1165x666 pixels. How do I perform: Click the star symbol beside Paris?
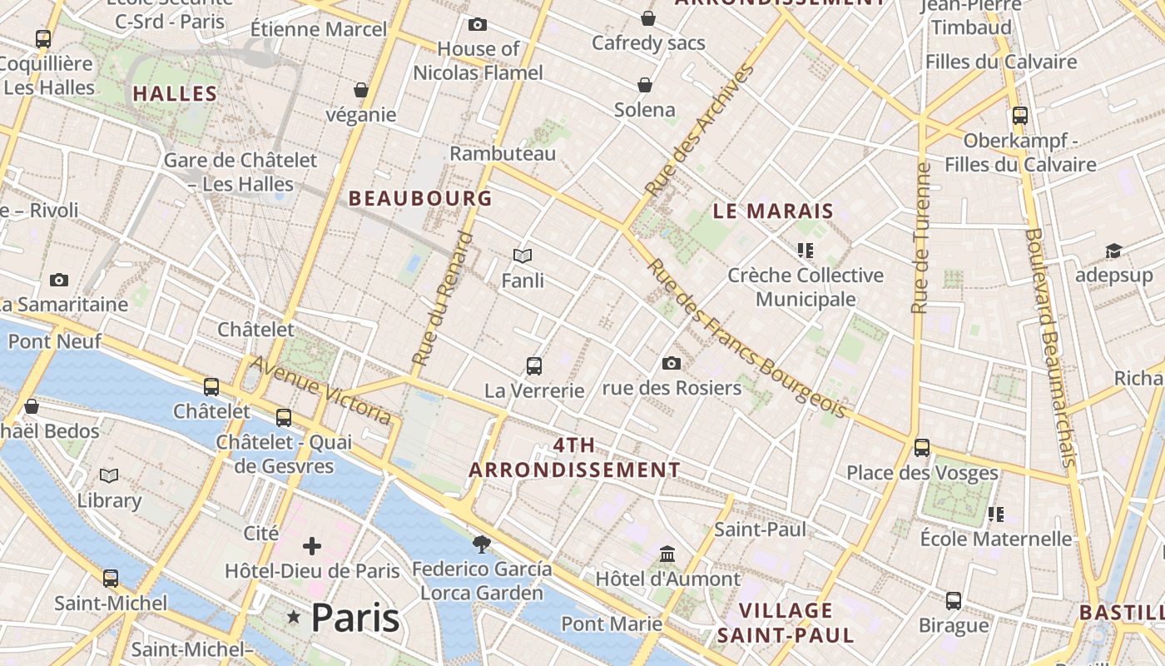pos(293,617)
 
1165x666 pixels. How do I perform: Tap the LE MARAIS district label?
pos(773,211)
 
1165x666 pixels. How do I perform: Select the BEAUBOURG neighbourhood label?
pos(420,198)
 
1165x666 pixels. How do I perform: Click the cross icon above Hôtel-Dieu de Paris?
pos(312,546)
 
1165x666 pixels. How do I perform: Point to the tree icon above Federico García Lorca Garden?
pos(481,544)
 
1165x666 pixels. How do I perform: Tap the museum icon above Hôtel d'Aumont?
pos(667,554)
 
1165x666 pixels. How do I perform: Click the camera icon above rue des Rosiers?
pos(672,363)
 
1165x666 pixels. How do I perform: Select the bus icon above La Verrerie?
pos(534,365)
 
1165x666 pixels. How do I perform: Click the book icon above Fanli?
pos(523,256)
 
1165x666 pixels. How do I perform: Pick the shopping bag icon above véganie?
pos(361,90)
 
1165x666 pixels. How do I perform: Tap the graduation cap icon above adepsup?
pos(1113,251)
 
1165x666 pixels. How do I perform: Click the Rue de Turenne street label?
pos(920,238)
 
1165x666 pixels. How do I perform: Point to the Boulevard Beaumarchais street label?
pos(1052,347)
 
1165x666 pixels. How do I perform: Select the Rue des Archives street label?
pos(700,131)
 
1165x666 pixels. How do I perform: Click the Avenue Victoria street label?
pos(320,390)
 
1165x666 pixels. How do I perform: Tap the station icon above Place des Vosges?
pos(922,447)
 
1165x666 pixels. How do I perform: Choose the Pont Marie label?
pos(612,624)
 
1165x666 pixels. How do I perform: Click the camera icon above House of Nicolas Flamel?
pos(478,25)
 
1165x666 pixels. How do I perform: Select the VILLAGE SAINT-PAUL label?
pos(786,623)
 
